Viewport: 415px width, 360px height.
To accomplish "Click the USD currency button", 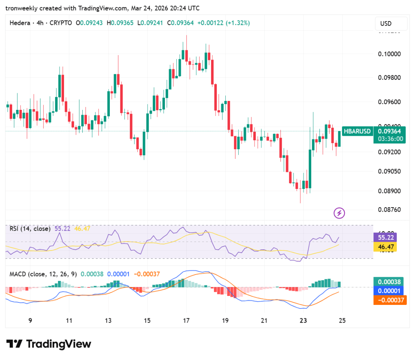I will [385, 24].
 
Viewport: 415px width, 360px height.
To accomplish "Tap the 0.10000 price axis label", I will [389, 54].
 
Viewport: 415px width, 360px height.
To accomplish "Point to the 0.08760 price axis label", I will [389, 210].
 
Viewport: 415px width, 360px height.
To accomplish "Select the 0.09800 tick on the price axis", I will [389, 77].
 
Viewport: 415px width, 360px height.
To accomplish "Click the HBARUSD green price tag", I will [357, 131].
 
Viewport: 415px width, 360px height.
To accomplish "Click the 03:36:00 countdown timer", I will [390, 139].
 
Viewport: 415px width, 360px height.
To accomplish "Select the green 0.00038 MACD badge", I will [389, 282].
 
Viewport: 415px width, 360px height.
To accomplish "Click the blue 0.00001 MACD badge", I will [389, 291].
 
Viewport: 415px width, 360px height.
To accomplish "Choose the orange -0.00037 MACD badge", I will [389, 300].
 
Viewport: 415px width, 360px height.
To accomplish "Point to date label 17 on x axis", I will [186, 321].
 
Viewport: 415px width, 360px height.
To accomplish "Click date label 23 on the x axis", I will [303, 321].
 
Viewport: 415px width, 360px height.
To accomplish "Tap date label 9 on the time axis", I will [30, 321].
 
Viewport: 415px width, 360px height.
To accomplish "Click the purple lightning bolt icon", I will [339, 212].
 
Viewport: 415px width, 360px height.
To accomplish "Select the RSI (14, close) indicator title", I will [30, 229].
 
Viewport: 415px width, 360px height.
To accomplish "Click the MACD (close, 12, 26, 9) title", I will [43, 274].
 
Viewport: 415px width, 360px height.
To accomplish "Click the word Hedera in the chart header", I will [19, 23].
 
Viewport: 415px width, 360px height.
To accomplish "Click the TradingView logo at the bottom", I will [49, 344].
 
